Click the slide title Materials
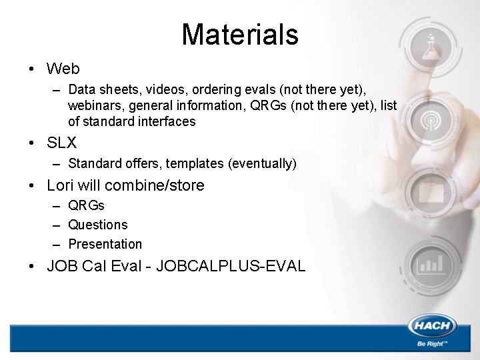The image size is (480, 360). (239, 34)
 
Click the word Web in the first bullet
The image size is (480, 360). (63, 69)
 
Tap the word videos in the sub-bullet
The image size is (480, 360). (153, 89)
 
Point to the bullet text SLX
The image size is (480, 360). (62, 143)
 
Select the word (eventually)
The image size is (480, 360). (263, 163)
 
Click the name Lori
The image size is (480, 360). (60, 185)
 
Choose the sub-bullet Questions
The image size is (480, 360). (97, 225)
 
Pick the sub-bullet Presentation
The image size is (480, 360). (105, 244)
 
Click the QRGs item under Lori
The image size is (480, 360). (86, 205)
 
